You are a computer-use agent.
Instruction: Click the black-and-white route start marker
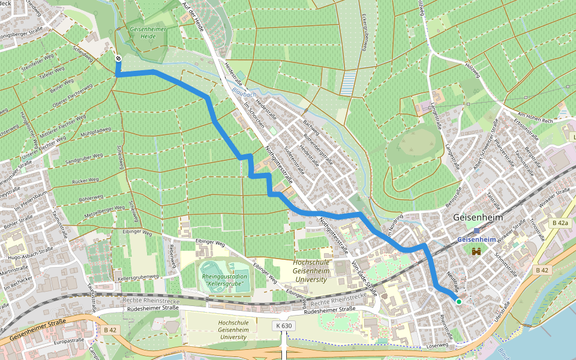tap(118, 58)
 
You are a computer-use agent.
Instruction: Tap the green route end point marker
tap(458, 301)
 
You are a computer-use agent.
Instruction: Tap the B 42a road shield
tap(559, 223)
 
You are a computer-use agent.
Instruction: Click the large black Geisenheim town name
tap(478, 217)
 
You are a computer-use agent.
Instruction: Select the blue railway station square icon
tap(476, 230)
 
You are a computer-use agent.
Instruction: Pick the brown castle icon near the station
tap(478, 252)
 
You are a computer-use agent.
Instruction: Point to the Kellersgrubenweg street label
tap(138, 277)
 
